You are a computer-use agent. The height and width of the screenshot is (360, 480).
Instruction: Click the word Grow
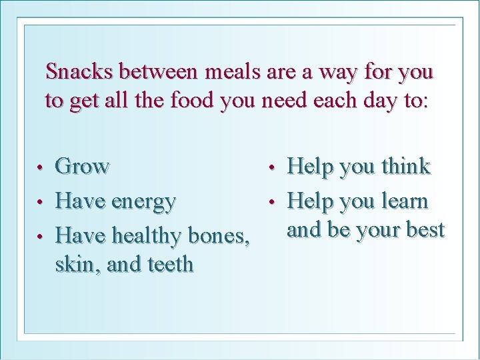(82, 166)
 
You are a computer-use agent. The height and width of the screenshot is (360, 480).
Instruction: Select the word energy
(145, 202)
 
